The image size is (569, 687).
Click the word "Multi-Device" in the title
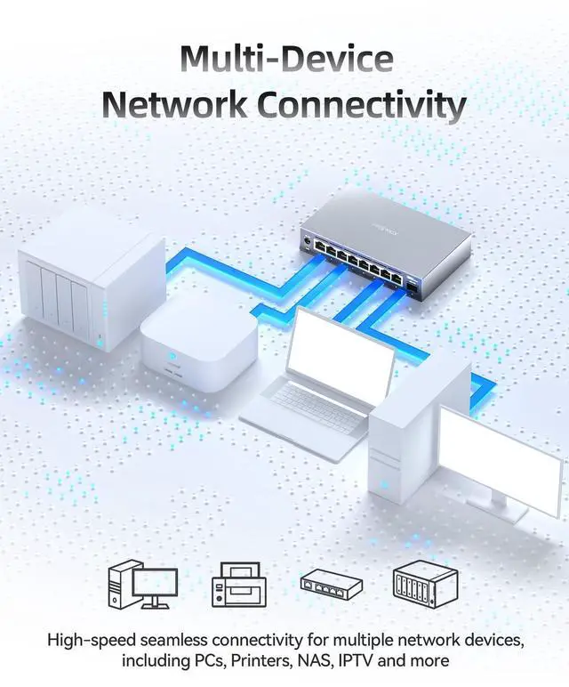click(285, 59)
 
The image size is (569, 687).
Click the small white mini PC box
click(197, 347)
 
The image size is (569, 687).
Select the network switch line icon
click(332, 584)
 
